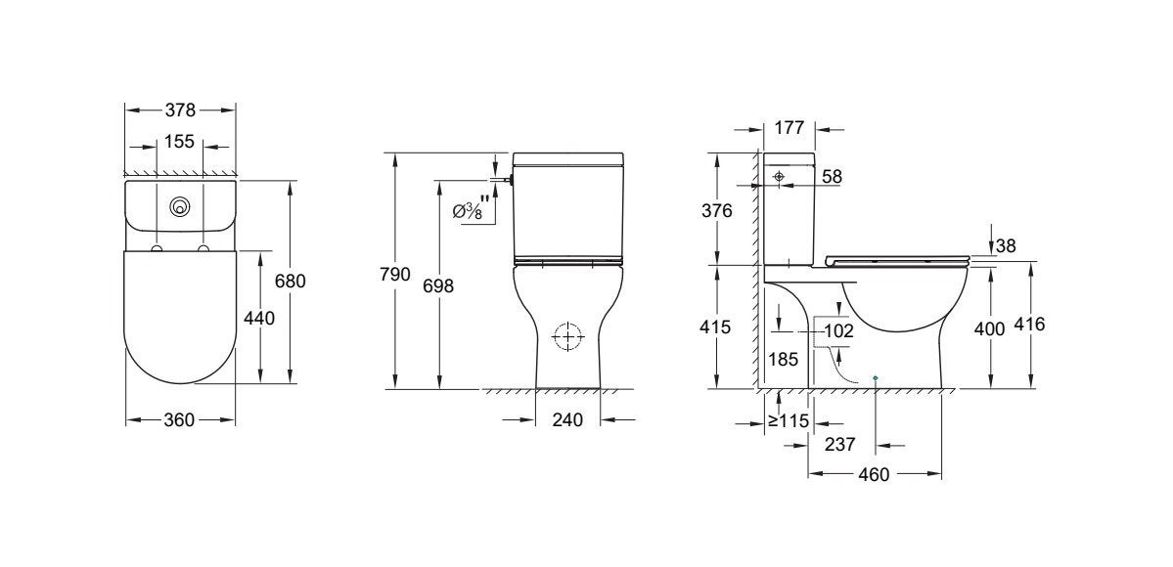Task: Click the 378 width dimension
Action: (x=180, y=109)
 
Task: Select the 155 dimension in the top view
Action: (x=180, y=142)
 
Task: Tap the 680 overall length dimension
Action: (x=291, y=282)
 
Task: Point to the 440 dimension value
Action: (x=259, y=318)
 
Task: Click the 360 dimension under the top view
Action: (x=180, y=420)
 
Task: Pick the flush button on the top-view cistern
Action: (x=179, y=206)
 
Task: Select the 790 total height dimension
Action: (x=395, y=275)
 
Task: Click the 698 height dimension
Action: (x=439, y=285)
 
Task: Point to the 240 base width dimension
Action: (x=567, y=420)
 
